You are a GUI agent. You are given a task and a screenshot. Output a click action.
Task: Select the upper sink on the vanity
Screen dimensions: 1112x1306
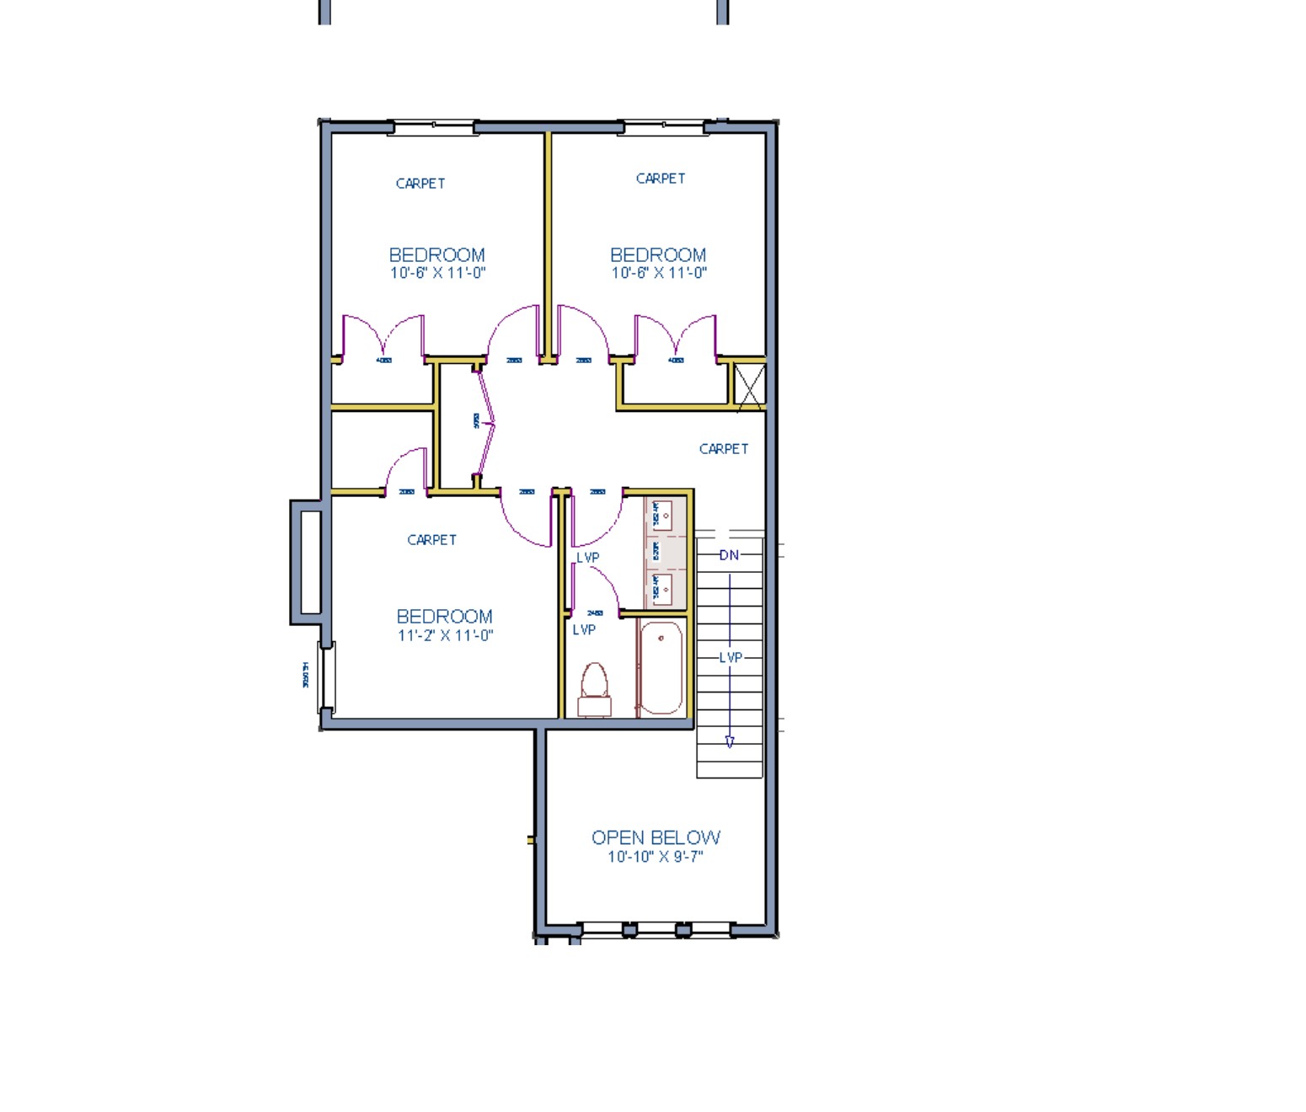point(663,515)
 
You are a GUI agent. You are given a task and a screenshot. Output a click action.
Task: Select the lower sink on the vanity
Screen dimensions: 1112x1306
point(663,588)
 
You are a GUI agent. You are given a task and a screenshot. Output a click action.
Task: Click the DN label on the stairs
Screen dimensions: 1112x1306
point(729,555)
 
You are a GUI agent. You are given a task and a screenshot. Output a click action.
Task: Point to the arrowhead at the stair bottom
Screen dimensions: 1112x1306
point(730,741)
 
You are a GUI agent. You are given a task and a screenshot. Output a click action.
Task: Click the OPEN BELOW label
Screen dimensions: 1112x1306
point(656,837)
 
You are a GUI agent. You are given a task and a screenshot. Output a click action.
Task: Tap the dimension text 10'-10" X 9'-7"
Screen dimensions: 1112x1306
point(656,858)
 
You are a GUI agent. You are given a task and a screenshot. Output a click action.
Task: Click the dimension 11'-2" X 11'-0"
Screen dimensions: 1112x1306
point(445,636)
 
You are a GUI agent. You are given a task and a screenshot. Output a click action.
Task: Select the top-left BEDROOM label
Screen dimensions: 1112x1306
point(436,254)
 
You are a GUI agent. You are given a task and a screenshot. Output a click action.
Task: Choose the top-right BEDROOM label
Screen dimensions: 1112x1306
point(658,254)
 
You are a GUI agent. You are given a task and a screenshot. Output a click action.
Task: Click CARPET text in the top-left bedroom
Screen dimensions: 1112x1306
point(420,184)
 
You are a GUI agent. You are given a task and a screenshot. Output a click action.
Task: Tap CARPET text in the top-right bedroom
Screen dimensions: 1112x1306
point(661,179)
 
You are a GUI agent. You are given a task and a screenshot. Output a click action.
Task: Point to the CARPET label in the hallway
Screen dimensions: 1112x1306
point(724,449)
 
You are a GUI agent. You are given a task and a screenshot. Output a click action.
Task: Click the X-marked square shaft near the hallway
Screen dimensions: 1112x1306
point(748,386)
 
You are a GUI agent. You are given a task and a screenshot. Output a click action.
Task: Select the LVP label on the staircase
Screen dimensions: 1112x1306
point(731,657)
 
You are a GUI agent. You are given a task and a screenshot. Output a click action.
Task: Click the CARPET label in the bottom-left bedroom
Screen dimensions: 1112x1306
point(431,540)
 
